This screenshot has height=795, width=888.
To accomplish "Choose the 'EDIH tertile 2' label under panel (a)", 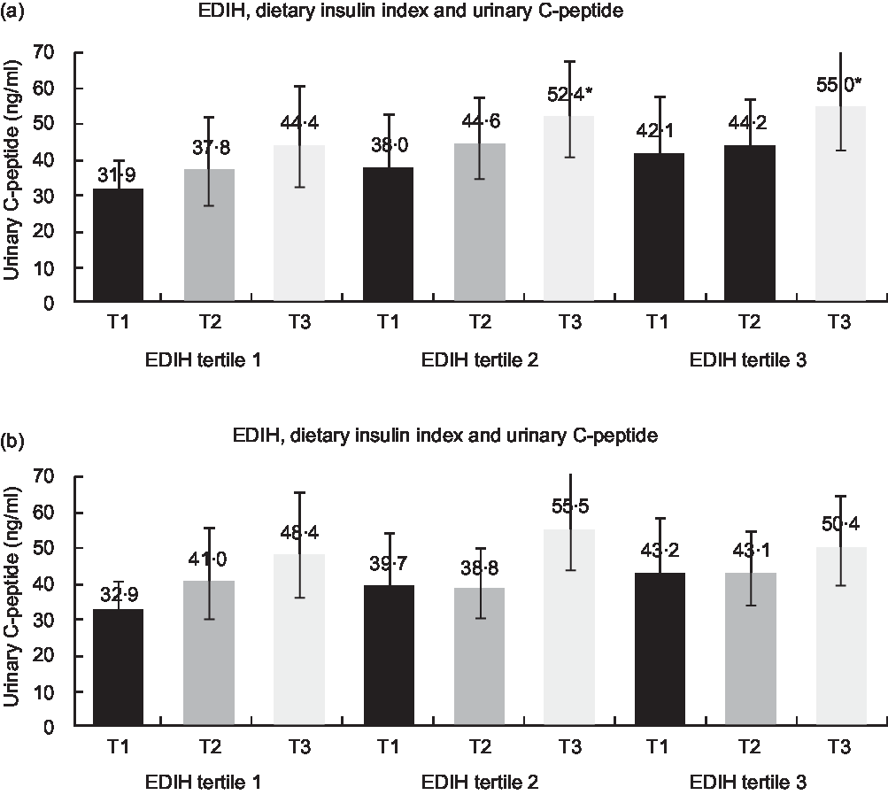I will (x=480, y=360).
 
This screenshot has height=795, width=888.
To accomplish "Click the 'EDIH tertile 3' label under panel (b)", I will (x=749, y=783).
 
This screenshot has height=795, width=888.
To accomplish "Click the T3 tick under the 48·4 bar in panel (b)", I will (x=299, y=747).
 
